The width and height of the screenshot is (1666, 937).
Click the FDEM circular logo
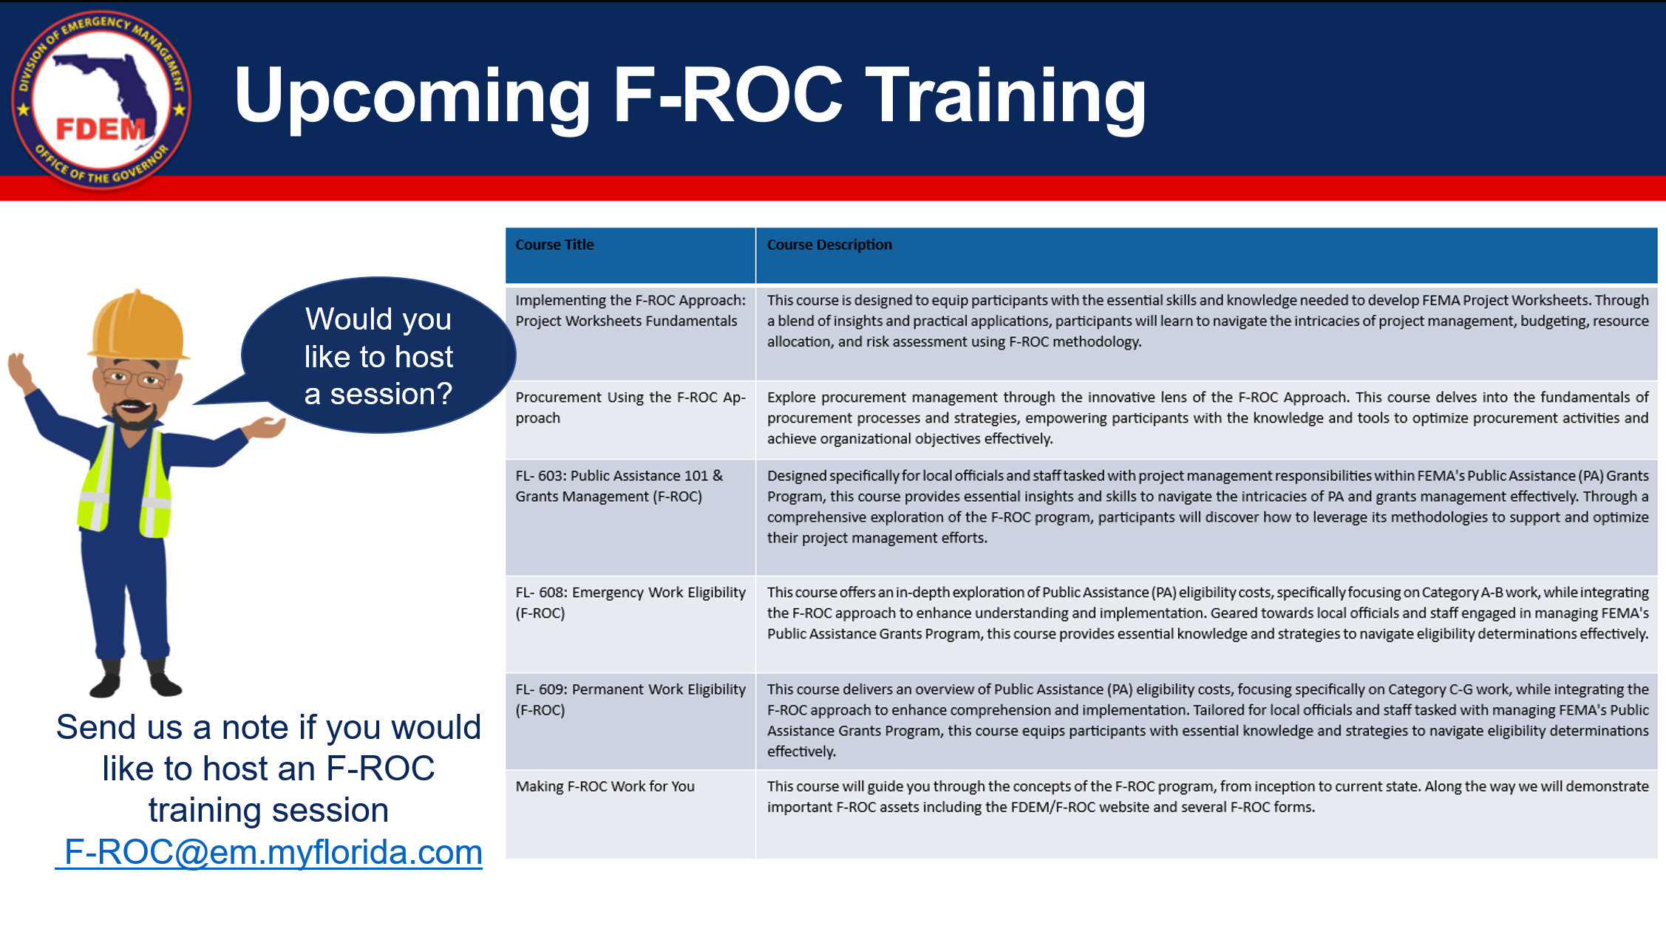click(101, 100)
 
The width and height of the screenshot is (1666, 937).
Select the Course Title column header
click(630, 256)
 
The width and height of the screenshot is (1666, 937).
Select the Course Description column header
click(1206, 256)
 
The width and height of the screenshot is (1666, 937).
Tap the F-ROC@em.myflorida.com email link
click(269, 852)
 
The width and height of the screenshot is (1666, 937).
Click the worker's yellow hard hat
click(138, 326)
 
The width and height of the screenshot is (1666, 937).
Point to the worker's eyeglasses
click(135, 378)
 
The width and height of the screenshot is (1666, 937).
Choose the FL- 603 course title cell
click(630, 517)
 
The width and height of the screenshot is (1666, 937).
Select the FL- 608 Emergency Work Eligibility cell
click(630, 624)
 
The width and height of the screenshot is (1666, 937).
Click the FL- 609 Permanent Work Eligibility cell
click(630, 721)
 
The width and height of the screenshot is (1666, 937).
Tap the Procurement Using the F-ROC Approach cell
click(630, 420)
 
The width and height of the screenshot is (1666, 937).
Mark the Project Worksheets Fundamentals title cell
click(630, 333)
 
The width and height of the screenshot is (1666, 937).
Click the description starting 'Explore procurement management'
click(1206, 418)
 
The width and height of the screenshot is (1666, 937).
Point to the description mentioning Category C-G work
click(1206, 720)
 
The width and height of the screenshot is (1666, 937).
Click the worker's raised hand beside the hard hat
click(21, 372)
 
